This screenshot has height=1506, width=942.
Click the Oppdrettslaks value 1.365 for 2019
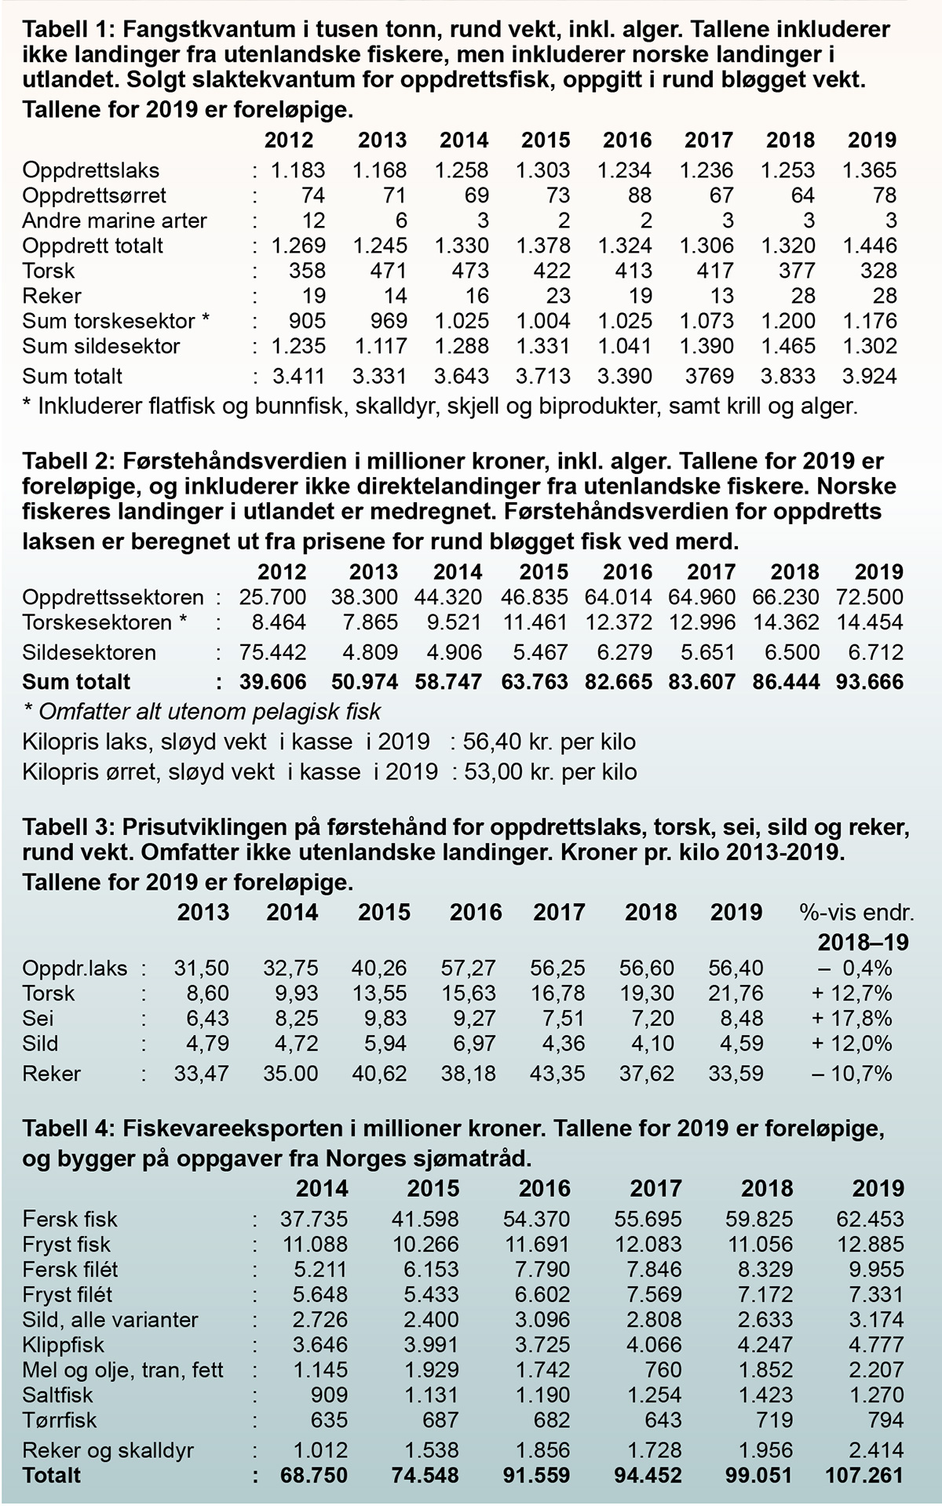pyautogui.click(x=869, y=170)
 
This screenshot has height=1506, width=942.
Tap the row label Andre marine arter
pyautogui.click(x=115, y=221)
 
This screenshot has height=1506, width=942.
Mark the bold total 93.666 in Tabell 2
pyautogui.click(x=870, y=681)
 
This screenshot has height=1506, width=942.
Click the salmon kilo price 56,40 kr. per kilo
pyautogui.click(x=549, y=742)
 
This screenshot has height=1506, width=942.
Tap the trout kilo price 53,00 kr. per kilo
pyautogui.click(x=549, y=771)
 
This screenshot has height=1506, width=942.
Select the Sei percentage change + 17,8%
pyautogui.click(x=852, y=1019)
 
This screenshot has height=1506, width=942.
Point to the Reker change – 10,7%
pyautogui.click(x=852, y=1073)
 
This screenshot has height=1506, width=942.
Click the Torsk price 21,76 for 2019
pyautogui.click(x=736, y=994)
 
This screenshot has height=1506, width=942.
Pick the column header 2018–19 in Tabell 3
pyautogui.click(x=863, y=942)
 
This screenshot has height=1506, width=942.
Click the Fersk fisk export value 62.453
pyautogui.click(x=871, y=1220)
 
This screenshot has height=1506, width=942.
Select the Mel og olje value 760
pyautogui.click(x=664, y=1370)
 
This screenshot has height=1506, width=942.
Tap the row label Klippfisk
pyautogui.click(x=64, y=1345)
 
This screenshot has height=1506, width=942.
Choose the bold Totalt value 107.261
pyautogui.click(x=864, y=1475)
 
